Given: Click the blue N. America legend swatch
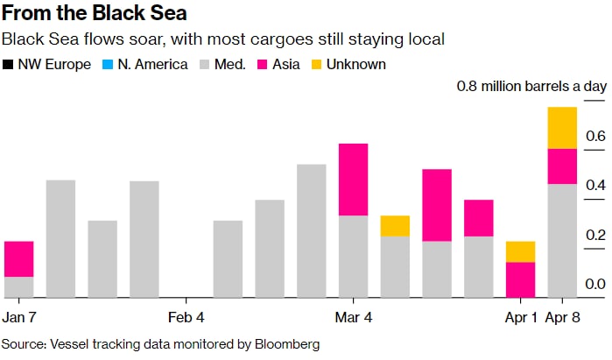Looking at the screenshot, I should tap(108, 65).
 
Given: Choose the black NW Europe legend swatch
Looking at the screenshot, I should tap(9, 65).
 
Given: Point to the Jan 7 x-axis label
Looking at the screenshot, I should tap(19, 317).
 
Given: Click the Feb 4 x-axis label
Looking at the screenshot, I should tap(186, 317).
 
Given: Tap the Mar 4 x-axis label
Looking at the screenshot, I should tap(354, 317).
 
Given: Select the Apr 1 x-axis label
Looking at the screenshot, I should tap(521, 317).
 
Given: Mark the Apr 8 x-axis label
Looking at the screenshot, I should tap(564, 317).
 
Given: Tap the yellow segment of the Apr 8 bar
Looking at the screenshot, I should tap(562, 128).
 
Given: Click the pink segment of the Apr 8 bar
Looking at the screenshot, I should tap(562, 166).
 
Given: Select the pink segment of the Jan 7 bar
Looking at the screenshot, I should tap(18, 258).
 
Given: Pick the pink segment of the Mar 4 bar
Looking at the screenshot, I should tap(353, 179).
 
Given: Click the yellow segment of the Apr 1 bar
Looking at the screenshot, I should tap(520, 251).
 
